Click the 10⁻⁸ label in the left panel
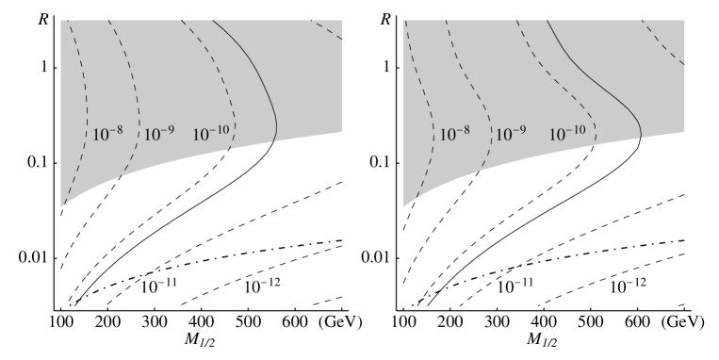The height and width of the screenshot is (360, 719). [108, 134]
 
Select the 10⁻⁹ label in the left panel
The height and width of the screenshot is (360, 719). [158, 134]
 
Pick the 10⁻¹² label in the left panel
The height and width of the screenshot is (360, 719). [263, 285]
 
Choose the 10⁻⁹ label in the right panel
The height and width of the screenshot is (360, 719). [511, 134]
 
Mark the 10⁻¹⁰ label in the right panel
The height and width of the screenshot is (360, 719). [567, 134]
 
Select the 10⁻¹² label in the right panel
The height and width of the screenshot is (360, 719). [627, 285]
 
